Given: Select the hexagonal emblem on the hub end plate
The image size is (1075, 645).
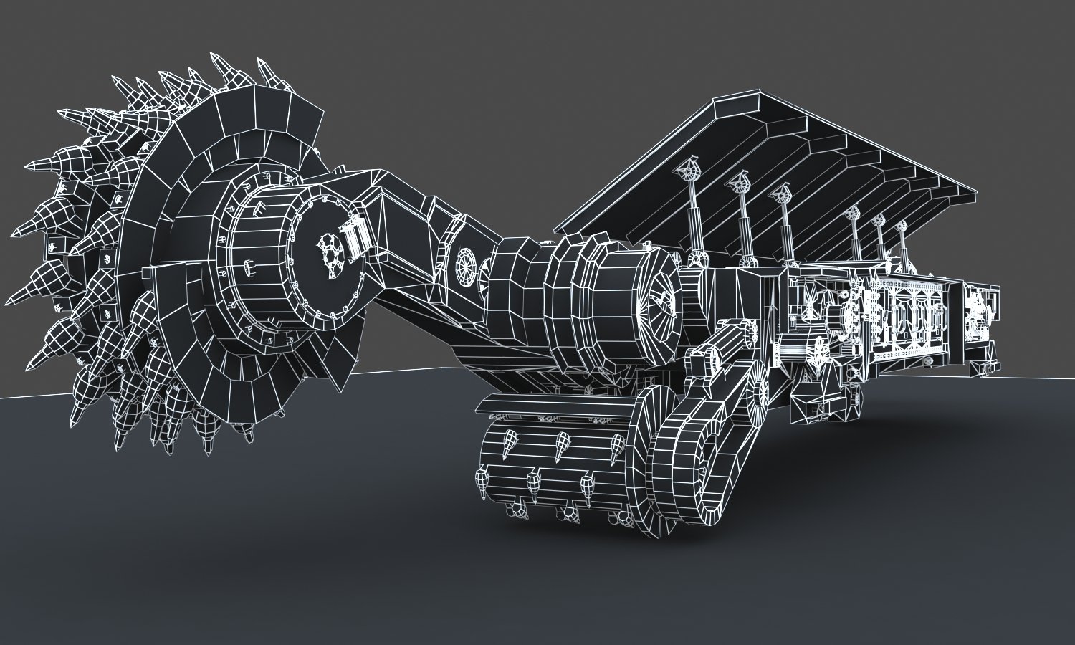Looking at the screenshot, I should pyautogui.click(x=328, y=254).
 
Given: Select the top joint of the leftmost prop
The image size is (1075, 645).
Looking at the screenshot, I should pyautogui.click(x=691, y=170).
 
